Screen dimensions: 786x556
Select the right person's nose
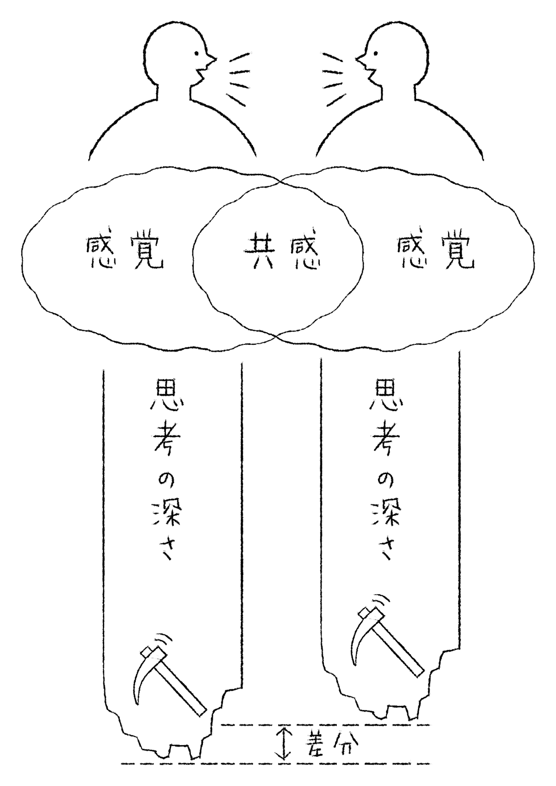point(359,60)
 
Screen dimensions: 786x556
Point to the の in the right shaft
point(385,483)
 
